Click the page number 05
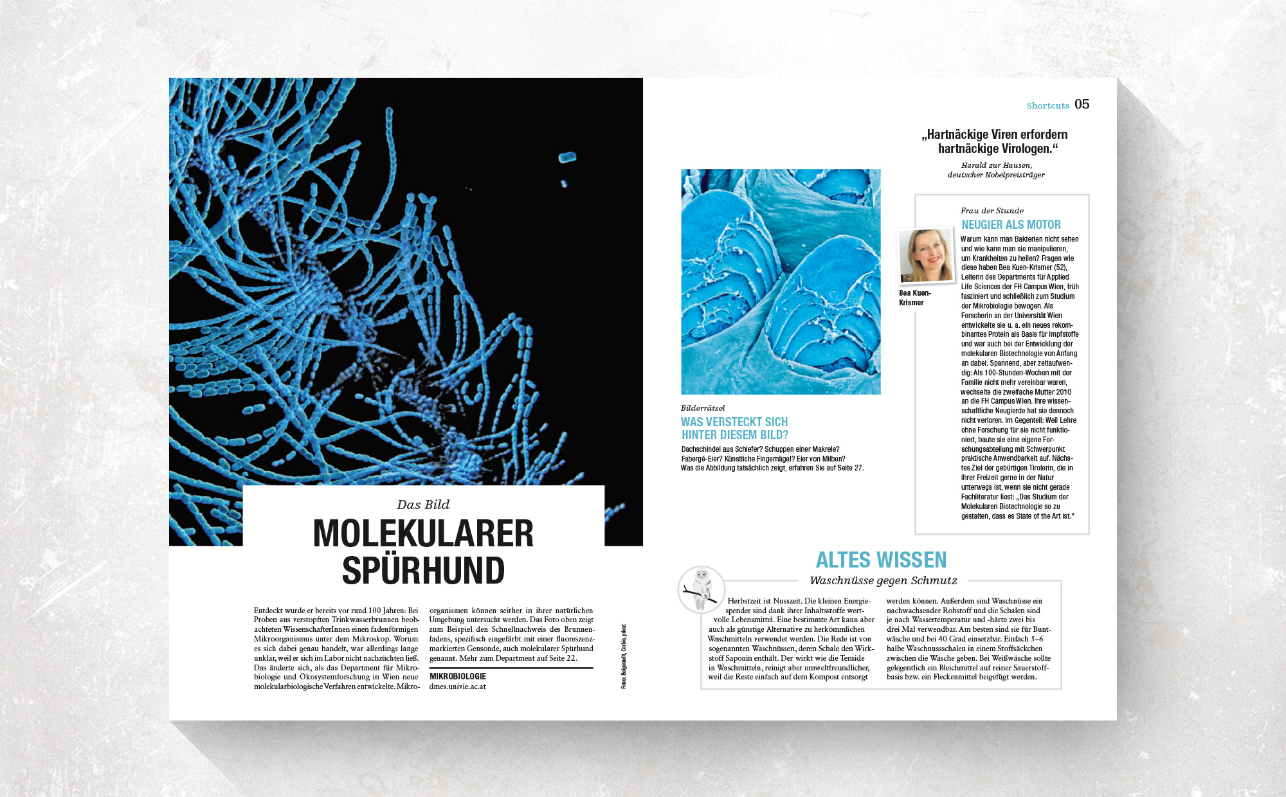point(1082,104)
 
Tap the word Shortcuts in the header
point(1047,105)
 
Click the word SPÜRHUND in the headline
point(423,570)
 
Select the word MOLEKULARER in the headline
point(423,533)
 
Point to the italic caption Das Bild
point(423,505)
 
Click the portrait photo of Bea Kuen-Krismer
point(926,256)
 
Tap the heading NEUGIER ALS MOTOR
point(1011,224)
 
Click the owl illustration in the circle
point(701,588)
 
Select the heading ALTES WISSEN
point(881,560)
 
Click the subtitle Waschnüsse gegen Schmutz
point(883,580)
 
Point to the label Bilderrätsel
point(703,408)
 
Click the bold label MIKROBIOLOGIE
point(458,676)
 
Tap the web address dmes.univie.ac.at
point(458,686)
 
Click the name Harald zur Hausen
point(996,165)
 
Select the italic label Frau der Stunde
point(992,211)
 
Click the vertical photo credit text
point(624,656)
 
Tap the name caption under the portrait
point(914,298)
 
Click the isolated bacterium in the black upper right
point(567,157)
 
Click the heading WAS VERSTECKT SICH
point(734,422)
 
